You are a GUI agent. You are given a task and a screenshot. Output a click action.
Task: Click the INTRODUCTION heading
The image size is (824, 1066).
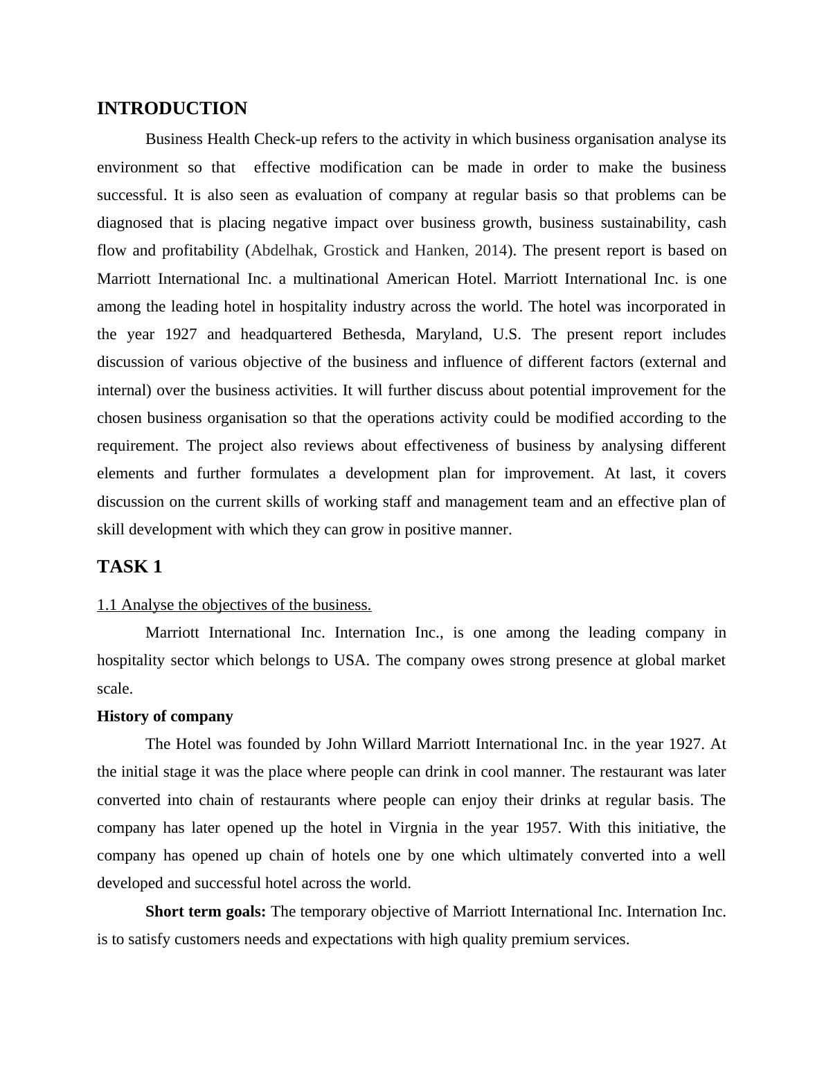click(172, 109)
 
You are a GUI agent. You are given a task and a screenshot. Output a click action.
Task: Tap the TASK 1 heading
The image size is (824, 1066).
click(129, 567)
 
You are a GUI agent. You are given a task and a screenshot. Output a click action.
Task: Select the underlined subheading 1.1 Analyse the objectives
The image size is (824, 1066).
click(234, 605)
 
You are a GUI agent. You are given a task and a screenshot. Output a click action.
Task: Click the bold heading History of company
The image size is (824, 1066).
click(165, 716)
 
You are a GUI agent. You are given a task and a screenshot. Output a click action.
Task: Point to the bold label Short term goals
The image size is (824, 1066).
click(206, 912)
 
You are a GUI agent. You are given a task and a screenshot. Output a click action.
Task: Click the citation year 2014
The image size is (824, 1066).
click(491, 251)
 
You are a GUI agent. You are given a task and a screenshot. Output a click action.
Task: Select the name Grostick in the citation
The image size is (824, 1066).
click(351, 251)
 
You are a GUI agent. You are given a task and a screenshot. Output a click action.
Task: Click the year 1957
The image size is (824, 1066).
click(544, 828)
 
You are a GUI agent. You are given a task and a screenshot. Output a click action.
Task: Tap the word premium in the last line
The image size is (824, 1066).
click(537, 939)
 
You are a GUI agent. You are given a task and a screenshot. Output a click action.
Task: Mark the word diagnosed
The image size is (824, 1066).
click(129, 223)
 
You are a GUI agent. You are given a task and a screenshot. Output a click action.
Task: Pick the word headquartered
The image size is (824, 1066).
click(286, 334)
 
